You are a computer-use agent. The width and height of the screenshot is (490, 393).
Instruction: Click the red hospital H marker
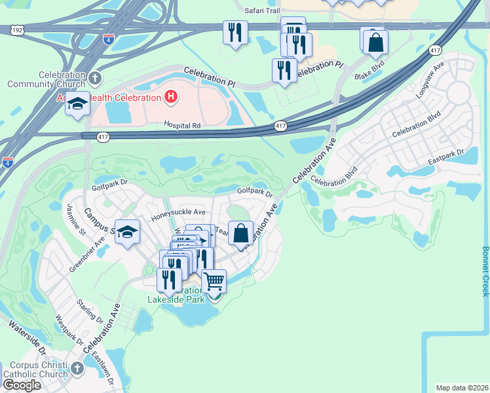click(171, 98)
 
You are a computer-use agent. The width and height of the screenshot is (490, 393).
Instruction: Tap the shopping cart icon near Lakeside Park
click(214, 282)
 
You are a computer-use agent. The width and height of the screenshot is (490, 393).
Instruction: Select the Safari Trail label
click(262, 10)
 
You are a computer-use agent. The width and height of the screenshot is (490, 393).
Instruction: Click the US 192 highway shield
click(18, 29)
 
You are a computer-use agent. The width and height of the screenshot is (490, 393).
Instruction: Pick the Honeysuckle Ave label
click(178, 212)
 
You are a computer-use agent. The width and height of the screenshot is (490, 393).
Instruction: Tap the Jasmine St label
click(76, 219)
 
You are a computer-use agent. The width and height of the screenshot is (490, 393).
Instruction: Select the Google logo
click(21, 385)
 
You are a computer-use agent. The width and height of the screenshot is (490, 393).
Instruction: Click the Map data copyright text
click(462, 387)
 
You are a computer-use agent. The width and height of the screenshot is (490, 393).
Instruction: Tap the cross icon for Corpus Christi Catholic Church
click(77, 367)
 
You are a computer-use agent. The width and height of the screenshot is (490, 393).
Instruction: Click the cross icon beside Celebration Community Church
click(95, 79)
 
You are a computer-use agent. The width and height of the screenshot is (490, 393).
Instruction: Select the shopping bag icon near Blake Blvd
click(376, 43)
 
